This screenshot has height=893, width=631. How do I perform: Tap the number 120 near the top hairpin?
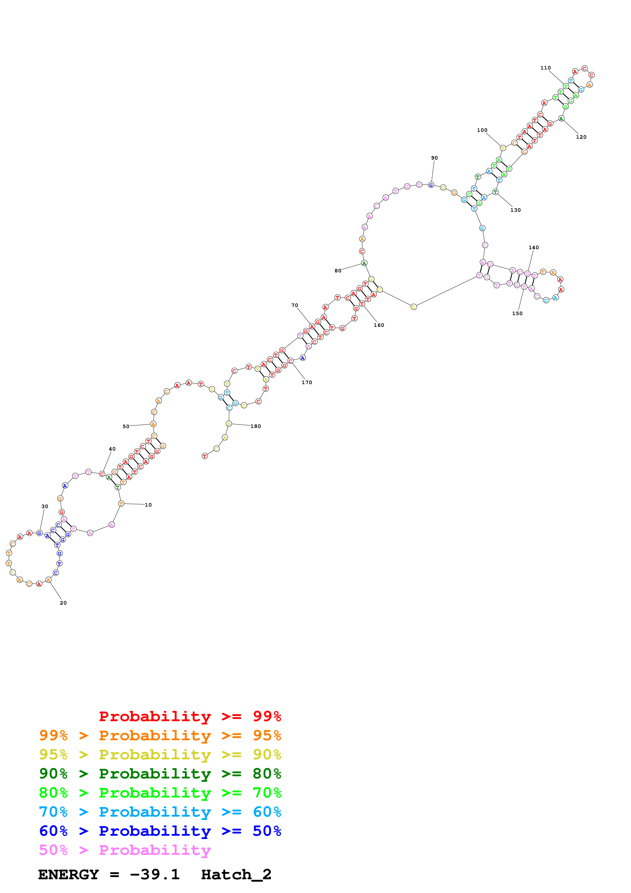coord(581,137)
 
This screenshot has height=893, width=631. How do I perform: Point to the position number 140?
coord(534,247)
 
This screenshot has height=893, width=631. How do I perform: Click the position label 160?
coord(379,325)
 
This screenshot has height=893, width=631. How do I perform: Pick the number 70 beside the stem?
coord(295,305)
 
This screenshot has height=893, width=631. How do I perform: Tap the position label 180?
coord(256,426)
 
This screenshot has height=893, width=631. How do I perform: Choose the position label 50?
coord(126,427)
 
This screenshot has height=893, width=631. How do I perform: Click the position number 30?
coord(45,506)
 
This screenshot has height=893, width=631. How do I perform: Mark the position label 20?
coord(63,603)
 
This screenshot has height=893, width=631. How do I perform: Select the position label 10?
coord(148,505)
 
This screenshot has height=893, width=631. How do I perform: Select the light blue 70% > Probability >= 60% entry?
coord(160,812)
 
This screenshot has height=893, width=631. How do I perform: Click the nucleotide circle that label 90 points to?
coord(431,185)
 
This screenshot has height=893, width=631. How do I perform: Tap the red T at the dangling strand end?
coord(204,456)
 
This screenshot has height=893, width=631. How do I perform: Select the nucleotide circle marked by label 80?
coord(364,263)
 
